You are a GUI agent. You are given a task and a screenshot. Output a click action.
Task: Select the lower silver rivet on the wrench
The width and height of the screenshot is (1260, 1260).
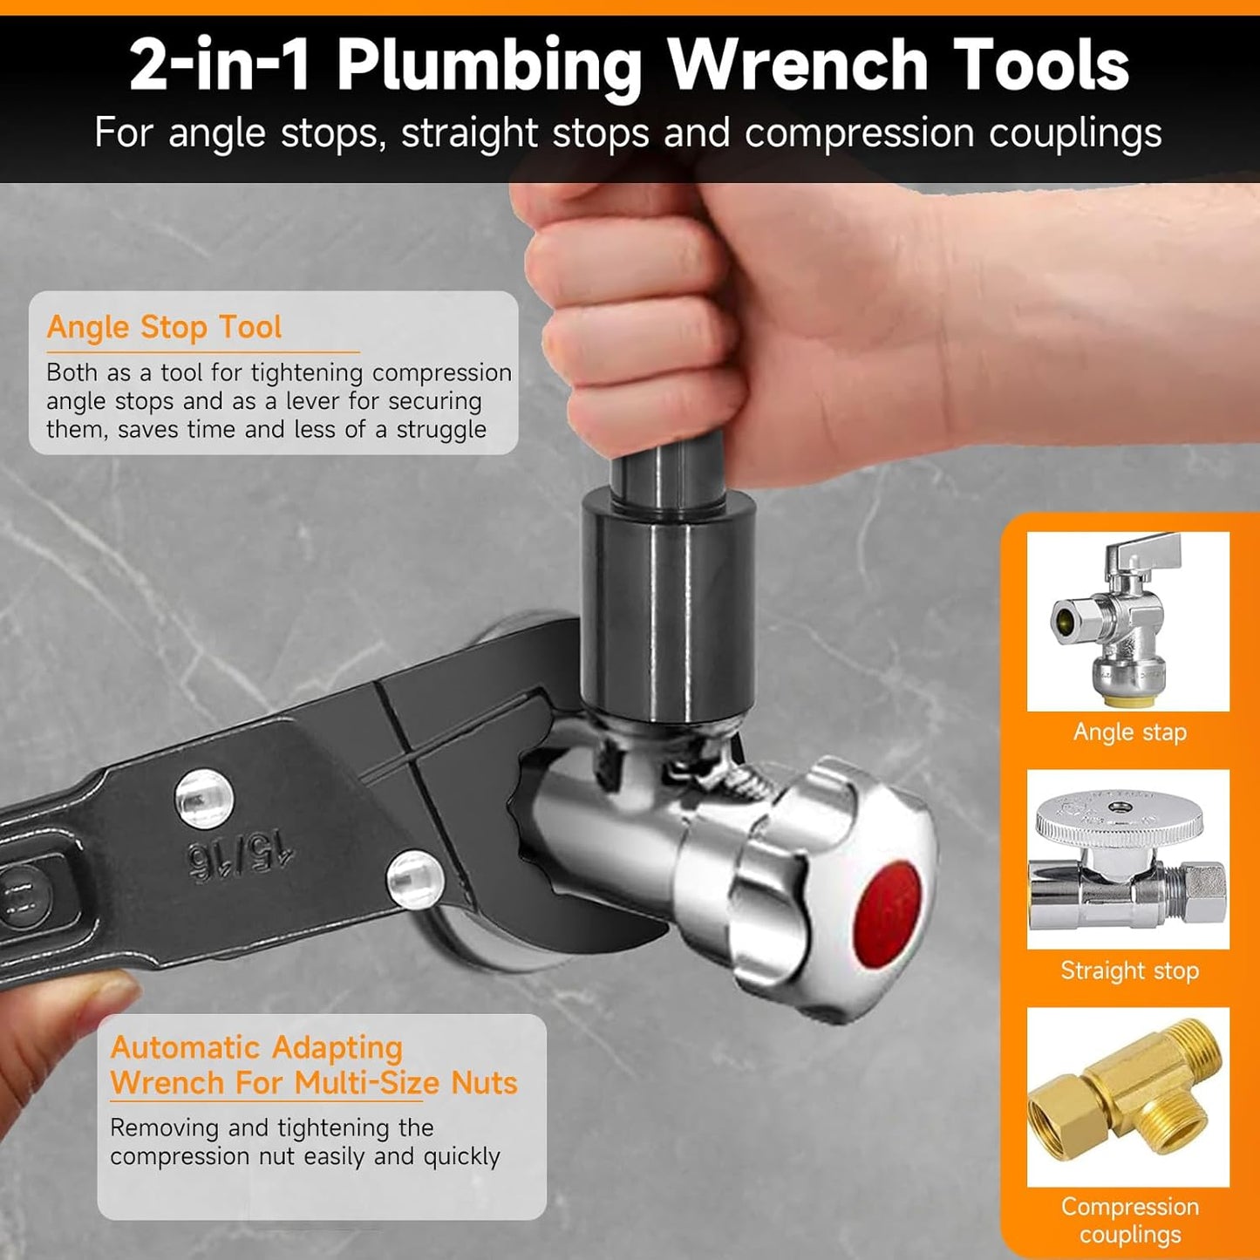pyautogui.click(x=416, y=880)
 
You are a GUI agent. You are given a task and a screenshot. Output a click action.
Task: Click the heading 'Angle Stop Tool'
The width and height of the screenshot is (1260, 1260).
pyautogui.click(x=164, y=327)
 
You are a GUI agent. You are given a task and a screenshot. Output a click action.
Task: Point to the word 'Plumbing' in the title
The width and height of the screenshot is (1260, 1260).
pyautogui.click(x=489, y=66)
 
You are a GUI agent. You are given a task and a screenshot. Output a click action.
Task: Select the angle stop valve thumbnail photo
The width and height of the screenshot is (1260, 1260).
pyautogui.click(x=1128, y=621)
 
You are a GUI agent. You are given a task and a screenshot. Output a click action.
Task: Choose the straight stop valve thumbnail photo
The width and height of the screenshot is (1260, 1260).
pyautogui.click(x=1128, y=859)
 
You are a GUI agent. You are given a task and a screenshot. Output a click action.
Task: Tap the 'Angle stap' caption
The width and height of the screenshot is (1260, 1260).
pyautogui.click(x=1130, y=732)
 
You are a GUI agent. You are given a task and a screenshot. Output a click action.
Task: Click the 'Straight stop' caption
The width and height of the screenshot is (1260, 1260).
pyautogui.click(x=1130, y=971)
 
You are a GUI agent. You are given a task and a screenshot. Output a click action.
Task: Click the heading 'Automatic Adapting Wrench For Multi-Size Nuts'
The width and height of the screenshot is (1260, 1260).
pyautogui.click(x=314, y=1066)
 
